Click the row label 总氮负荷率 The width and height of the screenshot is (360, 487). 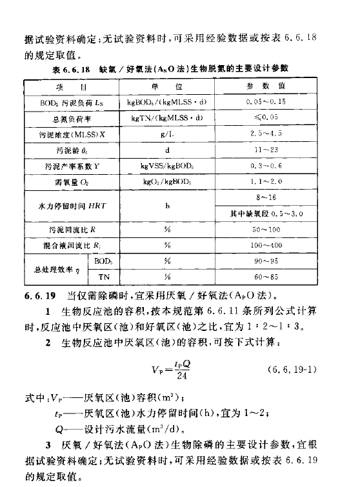(x=56, y=119)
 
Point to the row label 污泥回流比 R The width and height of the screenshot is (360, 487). (x=56, y=229)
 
